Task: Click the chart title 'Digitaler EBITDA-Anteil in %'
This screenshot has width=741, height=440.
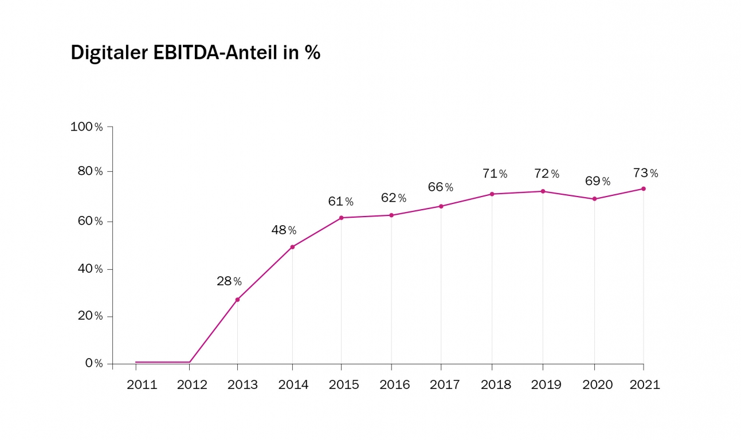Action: (x=195, y=53)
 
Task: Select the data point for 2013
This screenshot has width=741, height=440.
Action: (x=237, y=300)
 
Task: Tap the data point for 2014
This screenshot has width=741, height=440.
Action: (x=292, y=247)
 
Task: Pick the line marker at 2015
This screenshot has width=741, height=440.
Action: (x=342, y=218)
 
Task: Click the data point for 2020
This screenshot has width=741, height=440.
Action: (x=594, y=199)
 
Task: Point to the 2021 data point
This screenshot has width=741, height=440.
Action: (x=644, y=189)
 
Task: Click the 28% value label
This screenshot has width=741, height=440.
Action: (x=229, y=281)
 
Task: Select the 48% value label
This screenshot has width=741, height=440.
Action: (x=284, y=230)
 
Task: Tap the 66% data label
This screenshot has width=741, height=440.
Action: (x=441, y=187)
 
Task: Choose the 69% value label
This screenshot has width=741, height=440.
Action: (x=598, y=181)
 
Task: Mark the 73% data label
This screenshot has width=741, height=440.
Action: (x=646, y=173)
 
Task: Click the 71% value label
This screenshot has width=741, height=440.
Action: (x=495, y=174)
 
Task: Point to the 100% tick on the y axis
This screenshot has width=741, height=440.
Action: (x=87, y=127)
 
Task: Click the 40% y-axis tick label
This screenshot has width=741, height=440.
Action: (x=91, y=269)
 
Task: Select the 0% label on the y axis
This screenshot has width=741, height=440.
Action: (x=95, y=363)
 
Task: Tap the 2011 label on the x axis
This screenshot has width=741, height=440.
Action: (x=142, y=385)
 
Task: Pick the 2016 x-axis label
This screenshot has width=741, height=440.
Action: (x=395, y=385)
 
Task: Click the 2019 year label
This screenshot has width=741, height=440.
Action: (x=546, y=385)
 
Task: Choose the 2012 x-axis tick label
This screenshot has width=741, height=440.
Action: (x=192, y=385)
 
